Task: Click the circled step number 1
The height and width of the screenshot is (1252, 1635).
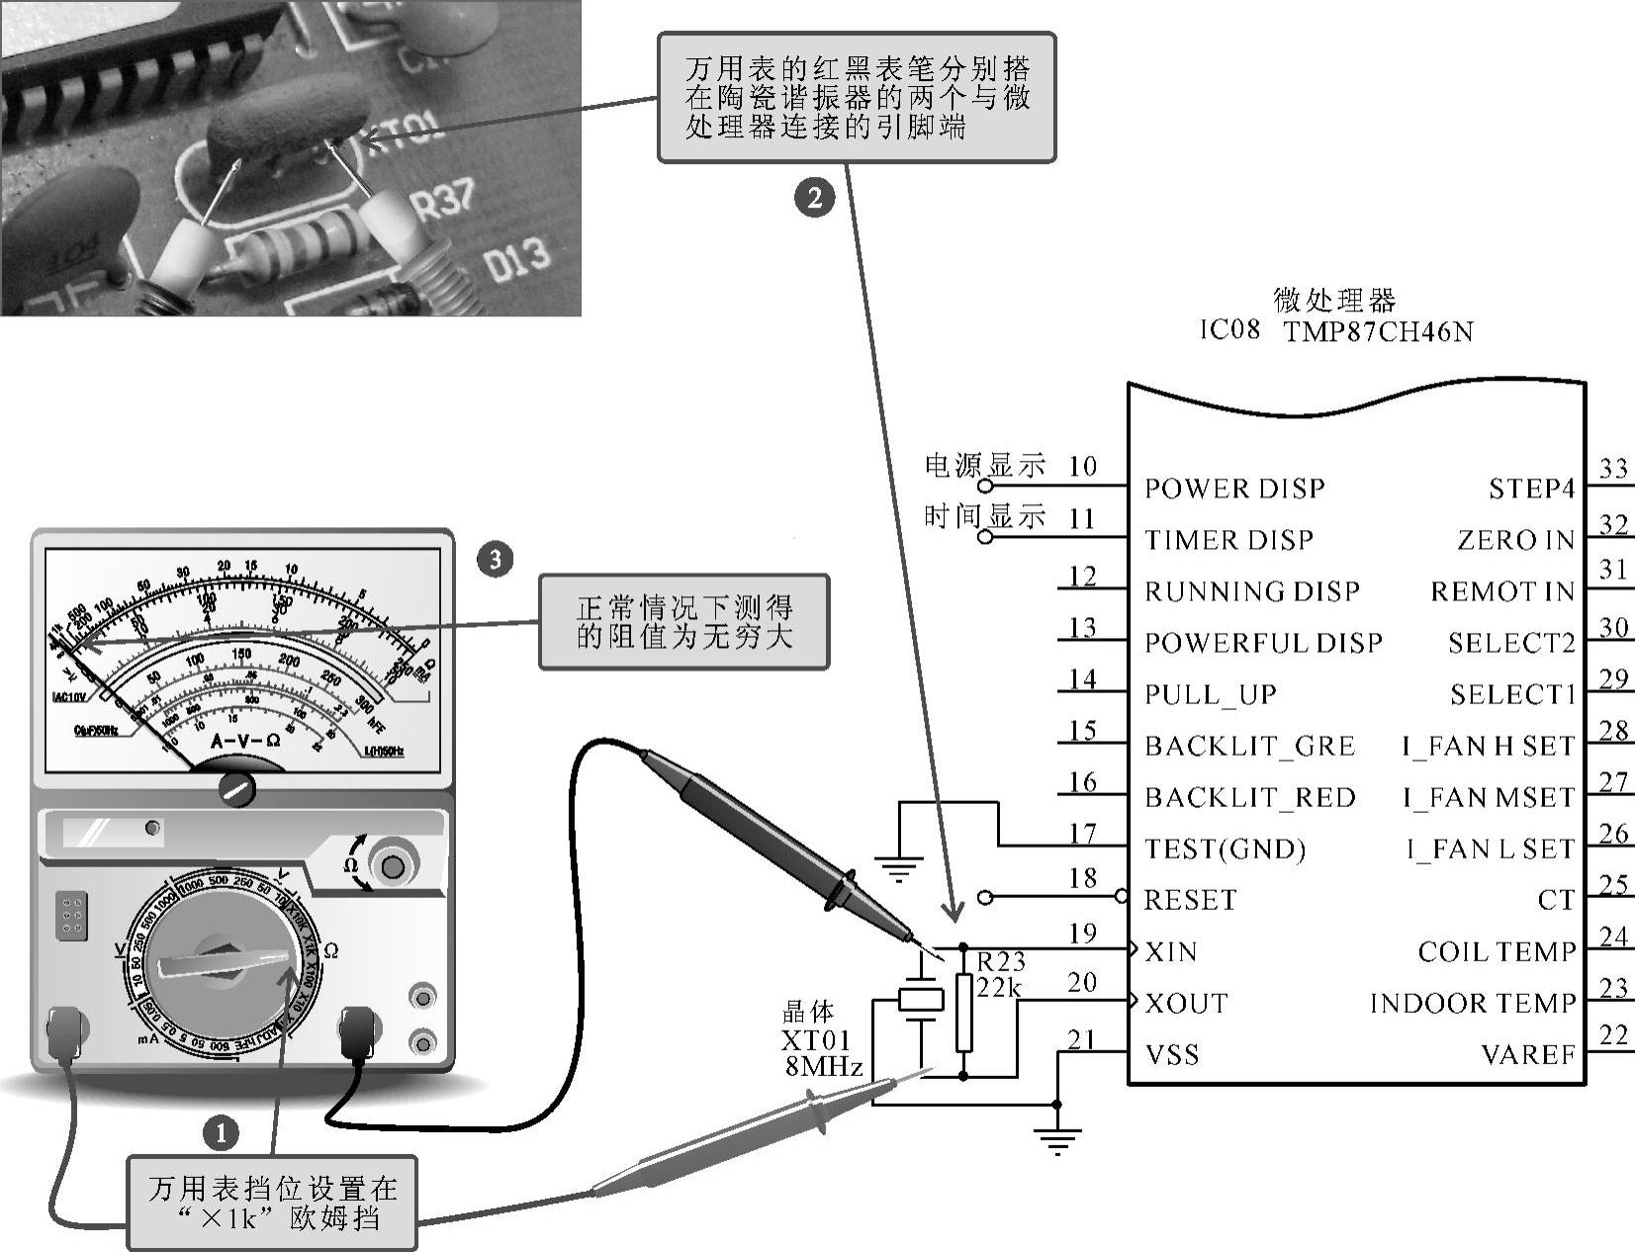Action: (221, 1133)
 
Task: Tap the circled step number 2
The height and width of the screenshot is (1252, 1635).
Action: (815, 197)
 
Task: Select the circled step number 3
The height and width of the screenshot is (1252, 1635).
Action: (495, 560)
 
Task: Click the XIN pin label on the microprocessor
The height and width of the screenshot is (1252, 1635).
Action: (1171, 952)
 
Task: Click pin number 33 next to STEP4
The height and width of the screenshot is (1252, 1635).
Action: (1613, 468)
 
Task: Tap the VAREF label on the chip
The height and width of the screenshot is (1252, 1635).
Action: (1527, 1055)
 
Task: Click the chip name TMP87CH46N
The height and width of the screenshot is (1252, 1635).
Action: (1378, 331)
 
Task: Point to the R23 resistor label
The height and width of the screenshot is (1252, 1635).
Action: (1001, 961)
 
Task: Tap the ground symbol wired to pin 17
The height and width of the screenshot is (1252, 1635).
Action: (899, 869)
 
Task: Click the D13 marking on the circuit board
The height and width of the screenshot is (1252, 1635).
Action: (515, 259)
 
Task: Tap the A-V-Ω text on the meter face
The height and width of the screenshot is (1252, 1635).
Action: (245, 741)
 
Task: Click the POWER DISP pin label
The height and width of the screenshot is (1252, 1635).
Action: (1233, 489)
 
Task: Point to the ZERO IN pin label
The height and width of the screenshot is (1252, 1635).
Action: (1515, 540)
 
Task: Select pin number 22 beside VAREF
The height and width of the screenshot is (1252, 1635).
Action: (1613, 1034)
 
